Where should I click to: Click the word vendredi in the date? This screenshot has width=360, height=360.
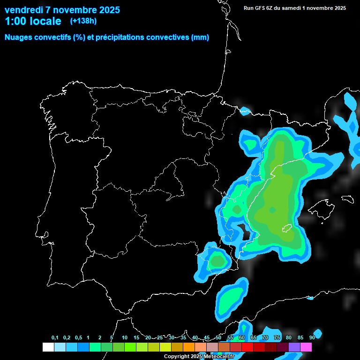tap(24, 10)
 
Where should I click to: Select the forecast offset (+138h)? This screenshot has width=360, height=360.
tap(83, 21)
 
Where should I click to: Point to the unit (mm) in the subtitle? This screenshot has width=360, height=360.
tap(200, 37)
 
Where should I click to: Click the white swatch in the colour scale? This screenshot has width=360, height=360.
tap(48, 347)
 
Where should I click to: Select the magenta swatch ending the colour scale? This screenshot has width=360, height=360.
tap(306, 347)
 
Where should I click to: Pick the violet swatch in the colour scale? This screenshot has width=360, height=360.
tap(294, 347)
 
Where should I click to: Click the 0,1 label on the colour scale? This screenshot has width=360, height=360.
tap(55, 338)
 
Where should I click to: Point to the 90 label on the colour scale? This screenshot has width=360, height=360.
tap(312, 338)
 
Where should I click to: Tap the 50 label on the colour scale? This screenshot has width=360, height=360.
tap(218, 338)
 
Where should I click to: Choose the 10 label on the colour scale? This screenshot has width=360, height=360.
tap(125, 338)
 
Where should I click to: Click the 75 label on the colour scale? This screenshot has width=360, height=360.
tap(277, 338)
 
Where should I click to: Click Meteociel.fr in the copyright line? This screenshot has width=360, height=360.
tap(218, 357)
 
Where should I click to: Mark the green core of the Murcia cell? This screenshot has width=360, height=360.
tap(217, 261)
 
